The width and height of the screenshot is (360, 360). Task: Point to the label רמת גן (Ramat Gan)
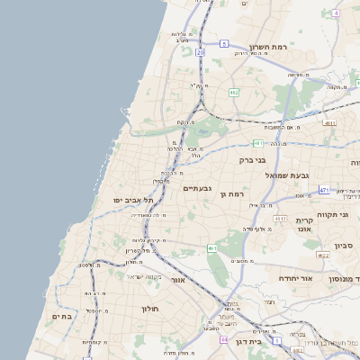(x=236, y=193)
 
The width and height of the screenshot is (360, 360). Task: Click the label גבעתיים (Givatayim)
(x=197, y=189)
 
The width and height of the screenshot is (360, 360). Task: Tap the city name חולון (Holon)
(x=148, y=309)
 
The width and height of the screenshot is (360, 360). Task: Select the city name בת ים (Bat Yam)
(x=61, y=316)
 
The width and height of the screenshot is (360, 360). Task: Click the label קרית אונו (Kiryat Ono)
(x=304, y=225)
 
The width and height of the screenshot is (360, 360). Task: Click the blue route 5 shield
(x=224, y=43)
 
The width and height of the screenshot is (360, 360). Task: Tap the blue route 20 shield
(x=200, y=53)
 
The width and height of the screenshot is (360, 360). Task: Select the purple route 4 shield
(x=336, y=13)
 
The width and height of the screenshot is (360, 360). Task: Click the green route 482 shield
(x=233, y=92)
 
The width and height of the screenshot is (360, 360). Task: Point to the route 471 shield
(x=324, y=191)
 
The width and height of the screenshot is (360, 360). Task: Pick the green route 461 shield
(x=211, y=247)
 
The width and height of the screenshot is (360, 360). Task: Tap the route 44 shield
(x=223, y=340)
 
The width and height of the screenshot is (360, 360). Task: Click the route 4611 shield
(x=329, y=123)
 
